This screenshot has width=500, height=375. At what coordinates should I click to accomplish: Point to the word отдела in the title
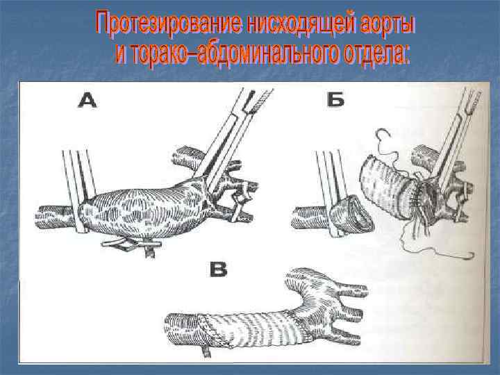pos(376,53)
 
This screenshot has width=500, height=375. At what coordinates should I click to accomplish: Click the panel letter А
pos(87,100)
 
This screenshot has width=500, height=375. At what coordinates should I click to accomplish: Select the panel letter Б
pos(335,99)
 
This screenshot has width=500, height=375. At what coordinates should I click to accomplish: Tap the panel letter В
pos(219,269)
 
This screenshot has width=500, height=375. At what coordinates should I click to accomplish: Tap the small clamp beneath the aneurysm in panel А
pos(131,245)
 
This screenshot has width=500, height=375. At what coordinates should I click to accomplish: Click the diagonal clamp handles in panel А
pos(233,134)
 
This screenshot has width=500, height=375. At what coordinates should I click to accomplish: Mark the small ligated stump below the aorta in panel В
pos(206,351)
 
